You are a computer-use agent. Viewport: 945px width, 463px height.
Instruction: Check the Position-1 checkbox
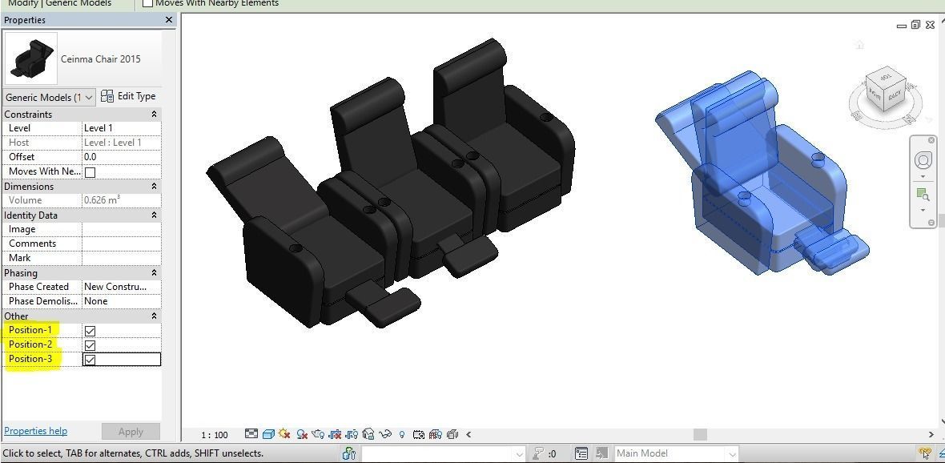pyautogui.click(x=90, y=331)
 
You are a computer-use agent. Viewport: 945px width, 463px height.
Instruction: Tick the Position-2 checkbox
pyautogui.click(x=90, y=345)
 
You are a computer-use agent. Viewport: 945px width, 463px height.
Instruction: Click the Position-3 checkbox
pyautogui.click(x=90, y=360)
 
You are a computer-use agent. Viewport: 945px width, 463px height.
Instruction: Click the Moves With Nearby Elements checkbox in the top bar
pyautogui.click(x=147, y=3)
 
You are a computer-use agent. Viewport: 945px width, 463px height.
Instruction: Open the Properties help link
pyautogui.click(x=35, y=431)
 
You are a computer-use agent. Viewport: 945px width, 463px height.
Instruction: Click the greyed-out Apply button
pyautogui.click(x=131, y=431)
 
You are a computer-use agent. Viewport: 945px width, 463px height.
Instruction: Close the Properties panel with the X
pyautogui.click(x=168, y=20)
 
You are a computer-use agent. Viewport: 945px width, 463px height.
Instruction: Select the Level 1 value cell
pyautogui.click(x=121, y=128)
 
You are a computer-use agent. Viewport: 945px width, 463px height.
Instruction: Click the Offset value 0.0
pyautogui.click(x=121, y=157)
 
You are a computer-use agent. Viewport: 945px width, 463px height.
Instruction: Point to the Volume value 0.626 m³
pyautogui.click(x=121, y=200)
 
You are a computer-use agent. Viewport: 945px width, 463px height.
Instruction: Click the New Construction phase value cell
pyautogui.click(x=121, y=287)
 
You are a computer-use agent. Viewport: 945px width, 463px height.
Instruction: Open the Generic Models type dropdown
pyautogui.click(x=49, y=97)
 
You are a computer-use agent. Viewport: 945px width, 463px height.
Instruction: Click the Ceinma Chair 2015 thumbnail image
pyautogui.click(x=31, y=58)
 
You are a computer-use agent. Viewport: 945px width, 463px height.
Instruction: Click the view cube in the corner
pyautogui.click(x=886, y=89)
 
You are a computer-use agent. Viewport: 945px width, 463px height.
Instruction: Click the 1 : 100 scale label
pyautogui.click(x=215, y=435)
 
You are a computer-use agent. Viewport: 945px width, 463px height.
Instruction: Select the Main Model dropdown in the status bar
pyautogui.click(x=675, y=453)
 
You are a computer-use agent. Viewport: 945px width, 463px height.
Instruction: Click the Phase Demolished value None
pyautogui.click(x=121, y=301)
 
